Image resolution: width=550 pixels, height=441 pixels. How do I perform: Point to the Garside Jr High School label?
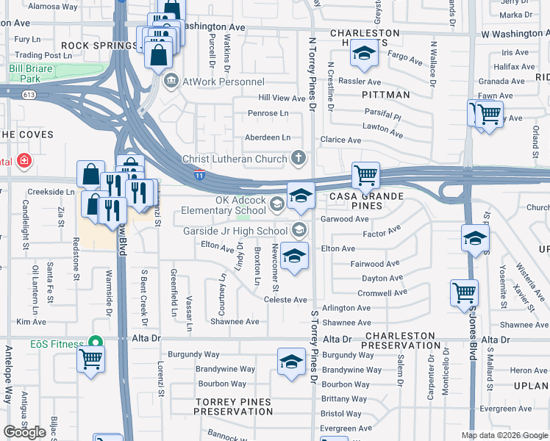coord(235,231)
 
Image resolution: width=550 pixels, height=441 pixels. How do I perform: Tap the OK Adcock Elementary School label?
coord(240,205)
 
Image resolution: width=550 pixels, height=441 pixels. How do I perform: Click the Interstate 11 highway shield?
coord(199,176)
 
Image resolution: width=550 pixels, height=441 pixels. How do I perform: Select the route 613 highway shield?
coord(29,95)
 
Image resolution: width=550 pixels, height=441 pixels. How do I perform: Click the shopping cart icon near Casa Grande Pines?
coord(365,176)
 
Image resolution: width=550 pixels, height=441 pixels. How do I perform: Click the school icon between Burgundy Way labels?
coord(291,362)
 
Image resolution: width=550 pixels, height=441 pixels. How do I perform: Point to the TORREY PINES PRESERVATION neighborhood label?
coord(232,407)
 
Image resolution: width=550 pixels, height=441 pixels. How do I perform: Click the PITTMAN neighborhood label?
coord(386,95)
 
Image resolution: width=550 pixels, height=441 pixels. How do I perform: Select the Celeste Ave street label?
coord(285,300)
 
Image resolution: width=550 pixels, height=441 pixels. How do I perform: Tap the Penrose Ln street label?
coord(268,114)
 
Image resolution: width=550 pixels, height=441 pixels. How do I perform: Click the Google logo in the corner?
coord(24,432)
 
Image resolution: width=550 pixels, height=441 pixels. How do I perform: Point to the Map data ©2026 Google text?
coord(504,435)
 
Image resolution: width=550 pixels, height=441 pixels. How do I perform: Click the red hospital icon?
coord(24,160)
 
